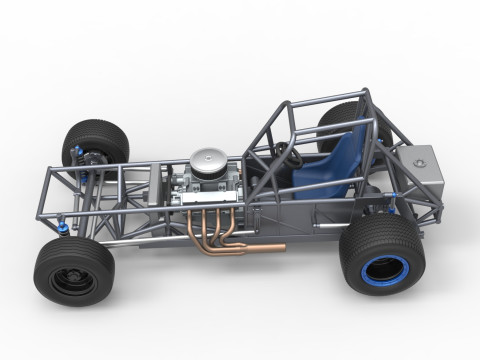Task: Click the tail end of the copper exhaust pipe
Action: [x=280, y=247]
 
